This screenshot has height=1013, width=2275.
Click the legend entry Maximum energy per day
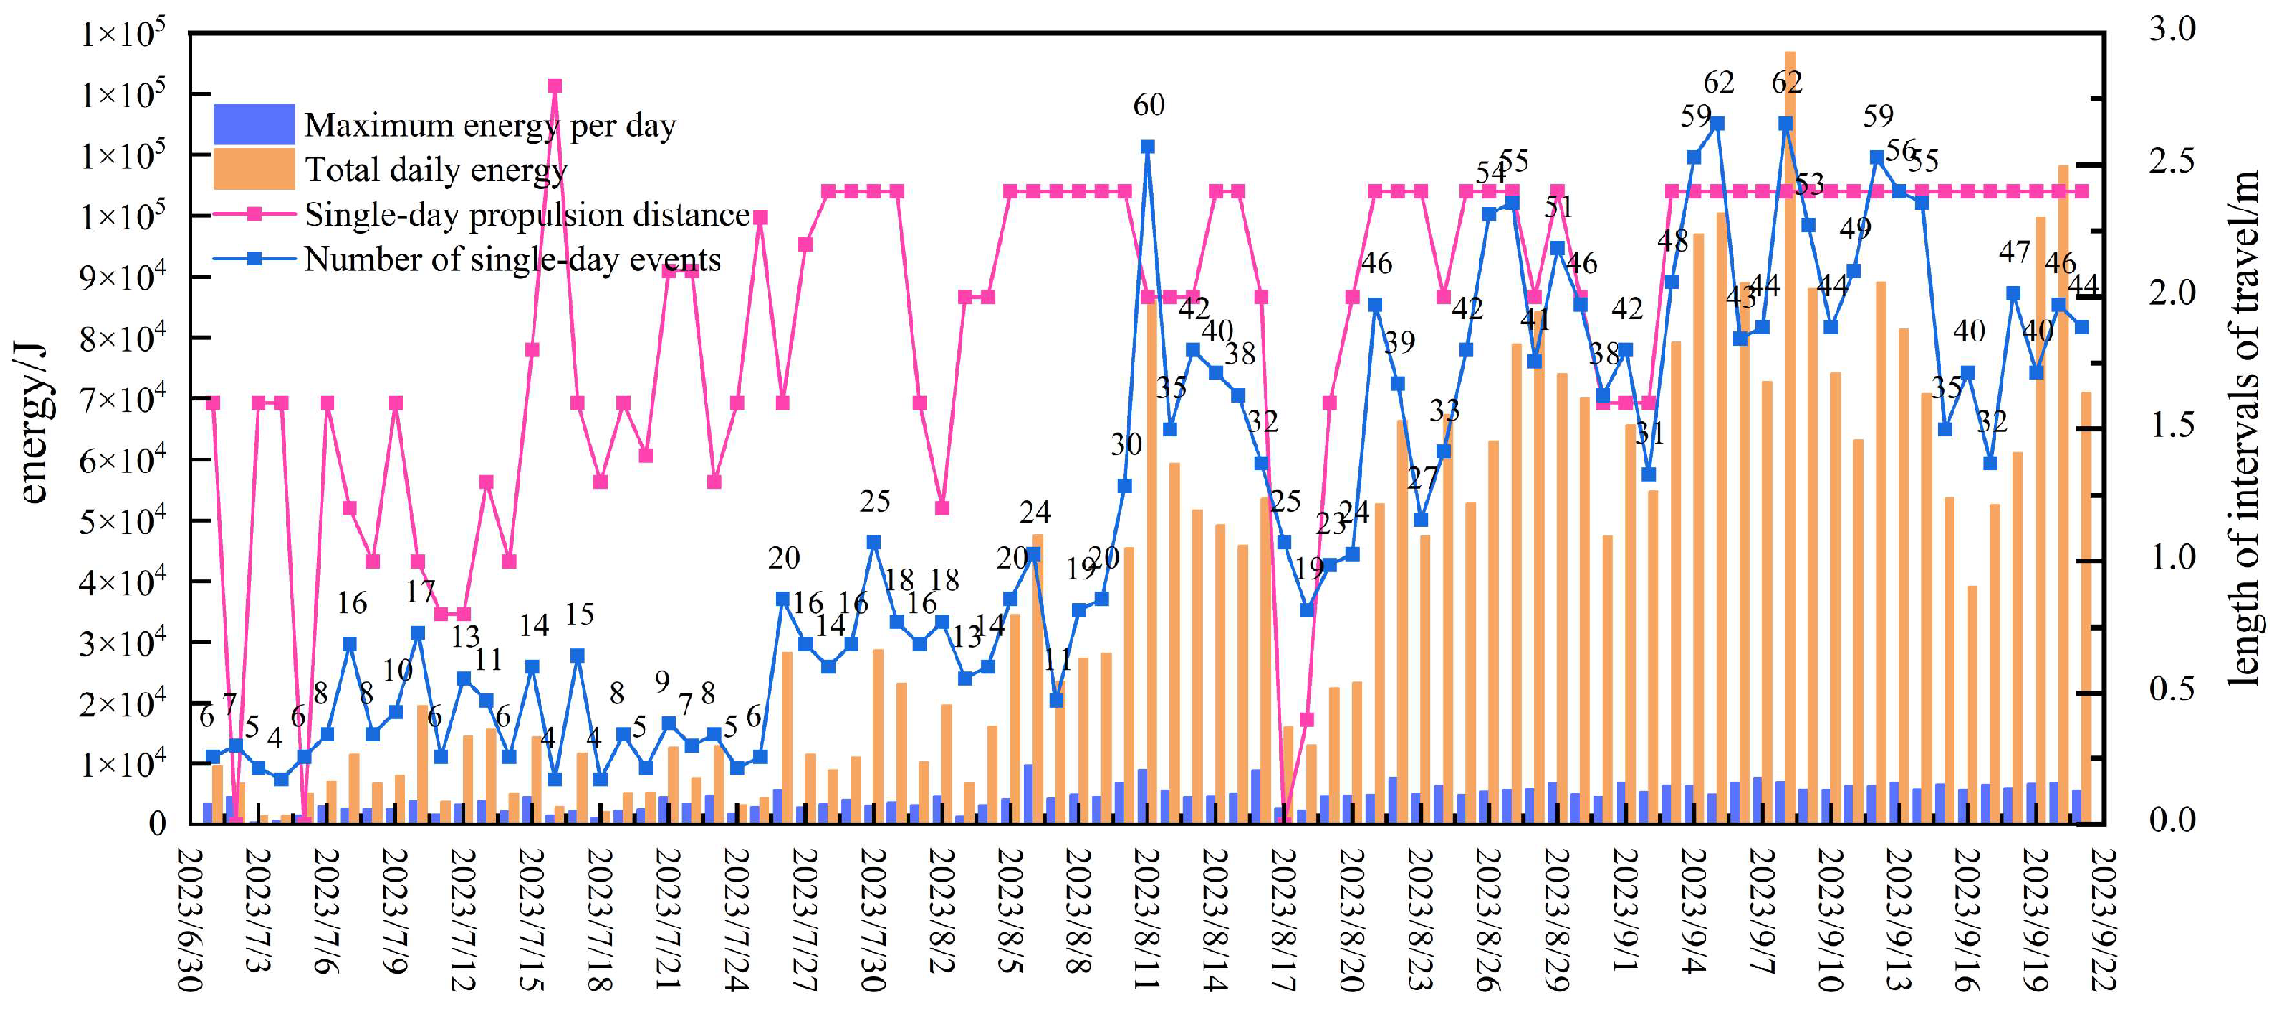(489, 126)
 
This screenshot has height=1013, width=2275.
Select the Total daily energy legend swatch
(253, 169)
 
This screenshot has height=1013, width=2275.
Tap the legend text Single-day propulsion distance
(527, 215)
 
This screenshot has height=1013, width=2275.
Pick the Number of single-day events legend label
(513, 259)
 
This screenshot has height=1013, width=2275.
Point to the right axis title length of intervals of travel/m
(2243, 427)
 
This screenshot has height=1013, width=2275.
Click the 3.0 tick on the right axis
(2172, 29)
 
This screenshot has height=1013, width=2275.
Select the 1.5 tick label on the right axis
(2172, 424)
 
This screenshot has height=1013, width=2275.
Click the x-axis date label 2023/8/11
(1147, 919)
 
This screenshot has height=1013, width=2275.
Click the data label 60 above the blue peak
(1148, 106)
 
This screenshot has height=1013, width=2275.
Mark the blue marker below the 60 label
(1148, 147)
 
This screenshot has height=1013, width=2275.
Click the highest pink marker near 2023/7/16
(555, 86)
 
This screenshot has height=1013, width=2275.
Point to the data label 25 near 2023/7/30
(874, 501)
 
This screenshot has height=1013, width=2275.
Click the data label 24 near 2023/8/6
(1034, 513)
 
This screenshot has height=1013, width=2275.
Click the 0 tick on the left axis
(157, 823)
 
